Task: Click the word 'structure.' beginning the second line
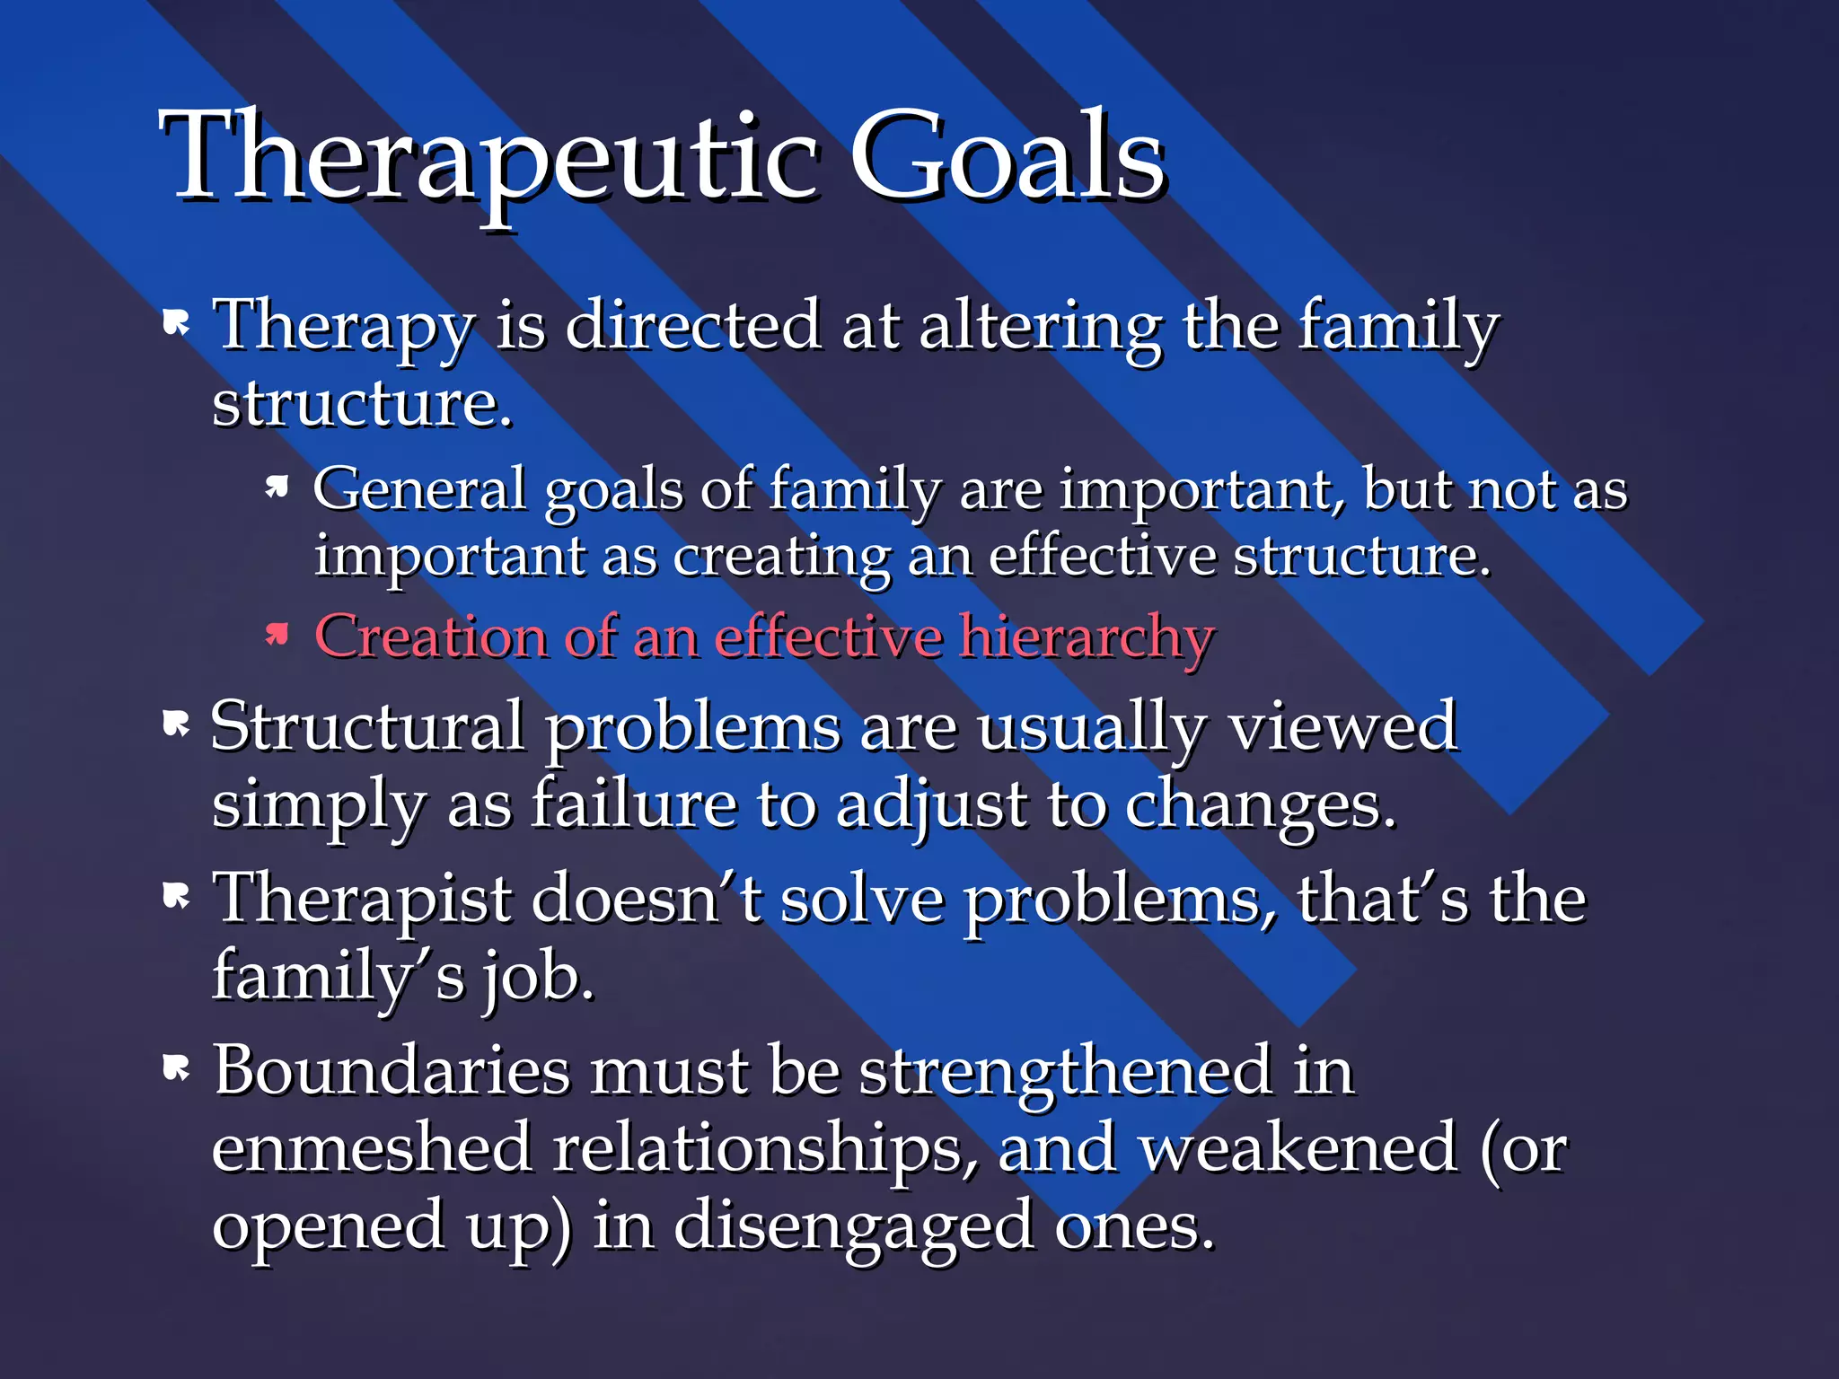[362, 404]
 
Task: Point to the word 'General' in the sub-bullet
[418, 489]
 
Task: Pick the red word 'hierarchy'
[1087, 638]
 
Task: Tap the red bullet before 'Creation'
[277, 635]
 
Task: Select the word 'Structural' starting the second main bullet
[367, 726]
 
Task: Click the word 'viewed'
[1342, 726]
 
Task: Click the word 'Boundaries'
[392, 1070]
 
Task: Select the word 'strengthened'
[1065, 1072]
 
